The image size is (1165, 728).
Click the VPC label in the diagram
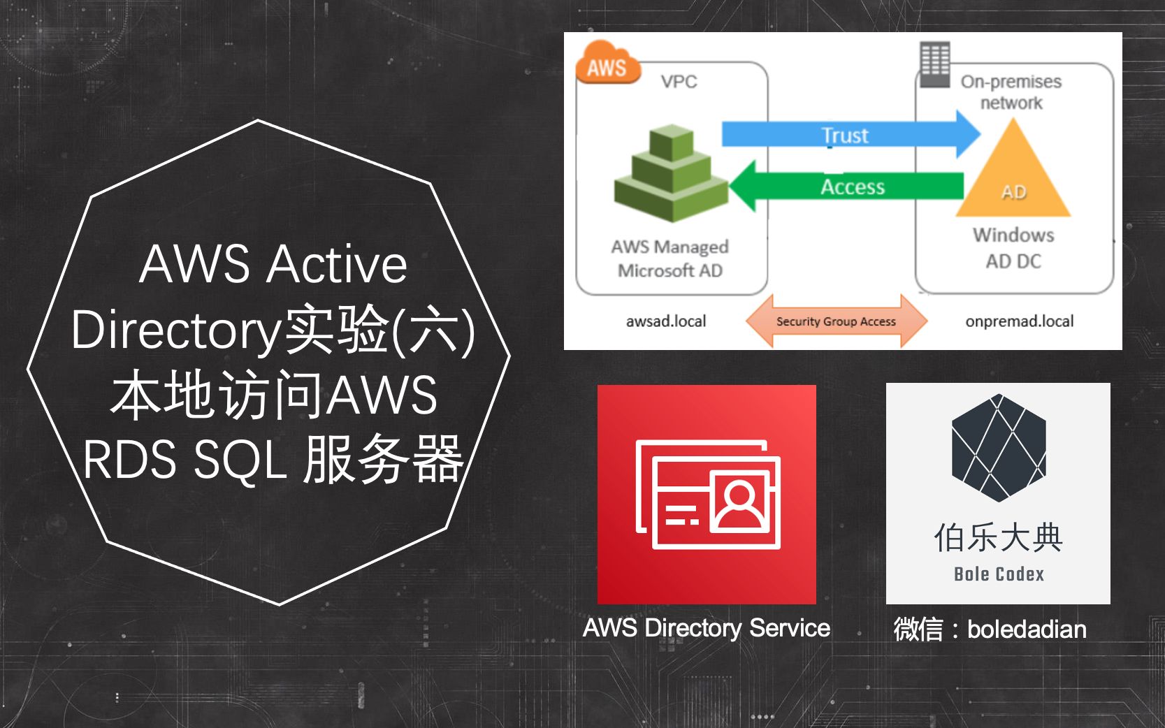click(x=679, y=82)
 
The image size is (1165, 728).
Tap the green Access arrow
click(x=848, y=187)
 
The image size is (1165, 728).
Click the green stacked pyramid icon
click(x=671, y=174)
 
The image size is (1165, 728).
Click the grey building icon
click(x=935, y=64)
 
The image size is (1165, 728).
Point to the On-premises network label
click(x=1011, y=92)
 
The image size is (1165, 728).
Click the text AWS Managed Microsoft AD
click(x=670, y=259)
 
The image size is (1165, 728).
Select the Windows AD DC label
click(x=1013, y=247)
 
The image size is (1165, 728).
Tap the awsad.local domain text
click(x=666, y=321)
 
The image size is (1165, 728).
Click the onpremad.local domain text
click(x=1019, y=321)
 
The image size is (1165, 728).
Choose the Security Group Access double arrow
click(x=836, y=321)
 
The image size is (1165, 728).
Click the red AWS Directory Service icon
click(x=707, y=494)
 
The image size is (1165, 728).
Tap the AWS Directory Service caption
click(x=707, y=628)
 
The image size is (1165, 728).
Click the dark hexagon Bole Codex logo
click(x=999, y=448)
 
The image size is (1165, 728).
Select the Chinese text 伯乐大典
click(x=998, y=538)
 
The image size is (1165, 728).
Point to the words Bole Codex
click(x=999, y=574)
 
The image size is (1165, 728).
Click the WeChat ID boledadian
click(x=1026, y=629)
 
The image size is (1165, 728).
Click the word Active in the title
click(x=337, y=265)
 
